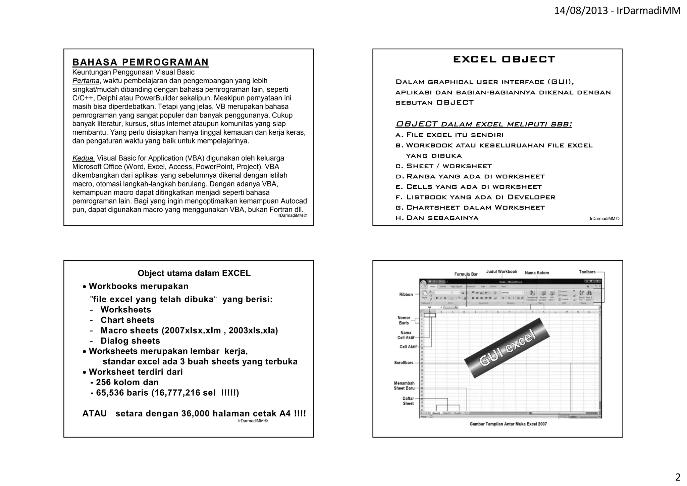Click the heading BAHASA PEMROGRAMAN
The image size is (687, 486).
(141, 62)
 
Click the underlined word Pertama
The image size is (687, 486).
(86, 81)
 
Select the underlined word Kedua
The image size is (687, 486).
(84, 158)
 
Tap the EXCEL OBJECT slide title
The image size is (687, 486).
(504, 59)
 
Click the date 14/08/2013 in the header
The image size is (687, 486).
(581, 11)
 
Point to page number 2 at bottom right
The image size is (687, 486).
(678, 477)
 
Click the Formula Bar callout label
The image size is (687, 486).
(466, 274)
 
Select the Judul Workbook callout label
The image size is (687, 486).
(501, 272)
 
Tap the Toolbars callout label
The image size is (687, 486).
(587, 272)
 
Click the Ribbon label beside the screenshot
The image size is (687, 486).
(406, 295)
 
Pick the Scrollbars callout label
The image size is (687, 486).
(404, 363)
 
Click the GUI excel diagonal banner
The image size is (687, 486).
(507, 348)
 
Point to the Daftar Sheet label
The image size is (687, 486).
(408, 401)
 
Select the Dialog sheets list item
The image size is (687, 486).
(130, 341)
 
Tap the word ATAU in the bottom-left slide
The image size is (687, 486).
(95, 413)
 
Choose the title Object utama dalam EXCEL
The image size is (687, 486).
(194, 273)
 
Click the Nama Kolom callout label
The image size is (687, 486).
(537, 273)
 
